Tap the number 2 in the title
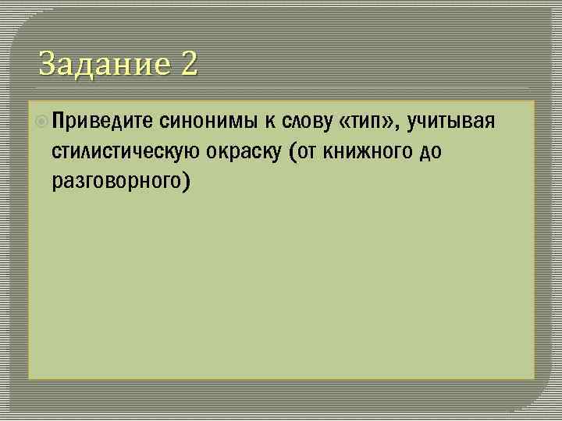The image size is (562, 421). click(x=189, y=63)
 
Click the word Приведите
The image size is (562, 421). click(x=102, y=121)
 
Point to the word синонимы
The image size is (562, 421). click(x=209, y=121)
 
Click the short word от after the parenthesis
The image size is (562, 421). click(x=308, y=151)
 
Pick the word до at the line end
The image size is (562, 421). click(x=431, y=151)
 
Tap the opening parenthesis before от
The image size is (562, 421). click(x=293, y=151)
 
